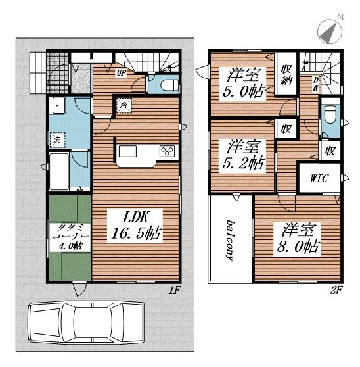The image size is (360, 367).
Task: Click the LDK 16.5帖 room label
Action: coord(135,226)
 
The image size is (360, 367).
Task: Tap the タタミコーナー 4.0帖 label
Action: coord(70,236)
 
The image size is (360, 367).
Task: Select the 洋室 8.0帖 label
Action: coord(298,238)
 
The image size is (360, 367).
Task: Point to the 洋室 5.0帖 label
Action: coord(243,82)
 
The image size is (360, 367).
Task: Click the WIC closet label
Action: coord(319,178)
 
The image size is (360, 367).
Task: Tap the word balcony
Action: coord(231,240)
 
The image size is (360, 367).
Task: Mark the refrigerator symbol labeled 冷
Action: coord(124,105)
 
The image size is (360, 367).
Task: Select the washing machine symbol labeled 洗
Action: coord(57,139)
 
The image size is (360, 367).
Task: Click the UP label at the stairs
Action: coord(122,74)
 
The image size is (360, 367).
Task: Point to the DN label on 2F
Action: coord(316,84)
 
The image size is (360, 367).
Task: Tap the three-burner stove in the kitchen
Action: coord(167,151)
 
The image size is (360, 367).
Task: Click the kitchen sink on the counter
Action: coord(127,151)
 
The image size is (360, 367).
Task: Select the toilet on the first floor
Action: coord(170,85)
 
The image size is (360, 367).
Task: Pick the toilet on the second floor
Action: coord(330,114)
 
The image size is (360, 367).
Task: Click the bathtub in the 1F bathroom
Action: coord(59,171)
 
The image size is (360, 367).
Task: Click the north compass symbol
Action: coord(330,30)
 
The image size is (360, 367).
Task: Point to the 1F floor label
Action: coord(174,291)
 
